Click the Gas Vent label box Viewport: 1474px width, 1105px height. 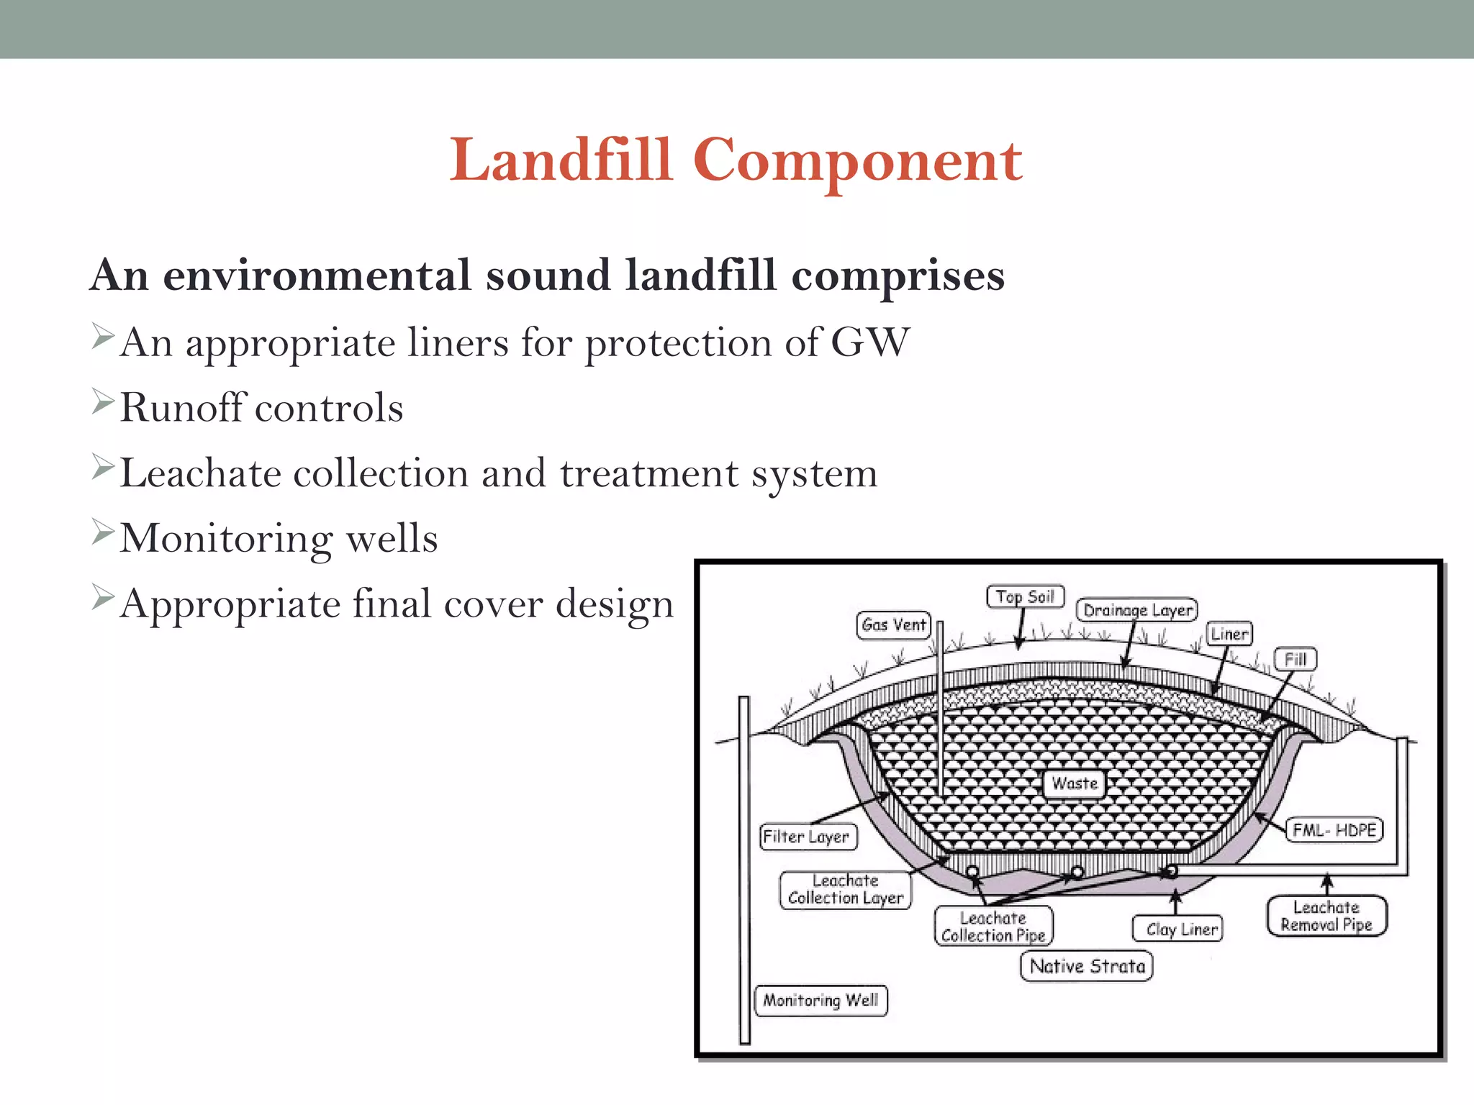click(x=893, y=624)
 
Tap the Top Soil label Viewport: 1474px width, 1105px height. click(x=1025, y=596)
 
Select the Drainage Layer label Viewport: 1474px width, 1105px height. click(x=1137, y=610)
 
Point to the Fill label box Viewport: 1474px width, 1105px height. click(x=1295, y=659)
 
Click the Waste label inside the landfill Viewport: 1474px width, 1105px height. click(x=1074, y=783)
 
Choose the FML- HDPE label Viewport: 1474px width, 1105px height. click(x=1334, y=829)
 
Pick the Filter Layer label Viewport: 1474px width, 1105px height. click(x=808, y=837)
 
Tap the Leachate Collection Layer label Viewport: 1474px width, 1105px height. click(x=845, y=890)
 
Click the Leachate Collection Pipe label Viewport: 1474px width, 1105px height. click(x=993, y=927)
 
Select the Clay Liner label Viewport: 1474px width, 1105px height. click(x=1177, y=929)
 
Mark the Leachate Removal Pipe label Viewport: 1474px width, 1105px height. click(x=1326, y=916)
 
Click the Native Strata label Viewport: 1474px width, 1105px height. click(x=1086, y=965)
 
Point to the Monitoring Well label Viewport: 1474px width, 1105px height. click(x=820, y=1000)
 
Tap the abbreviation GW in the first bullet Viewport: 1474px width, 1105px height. click(x=870, y=342)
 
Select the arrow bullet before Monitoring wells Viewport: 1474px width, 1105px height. click(x=103, y=532)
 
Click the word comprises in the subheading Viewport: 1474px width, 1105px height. click(x=897, y=276)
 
